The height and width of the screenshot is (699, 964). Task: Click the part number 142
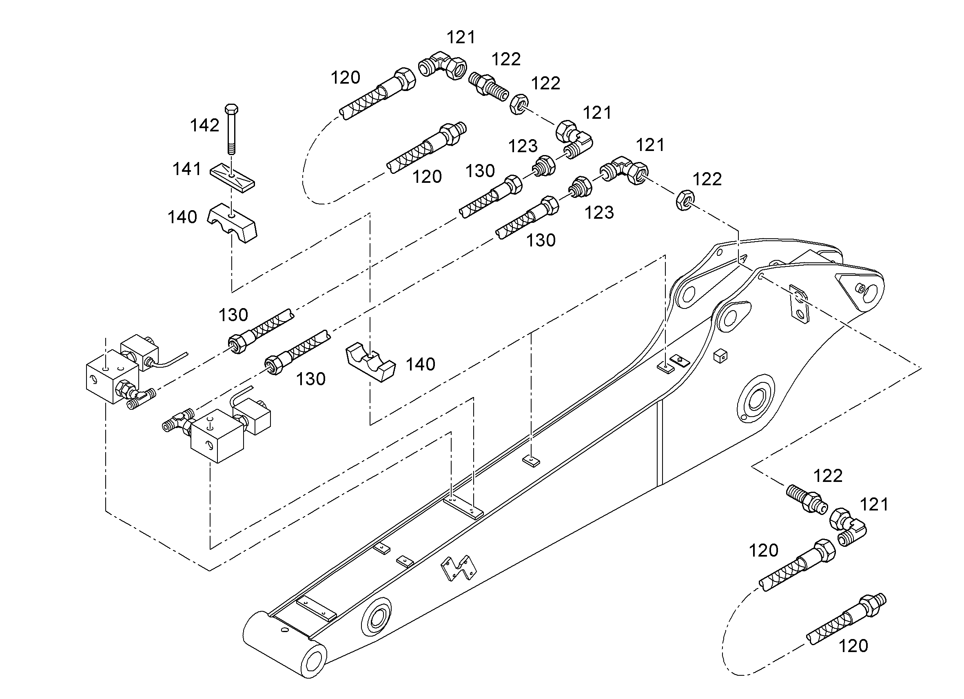[204, 125]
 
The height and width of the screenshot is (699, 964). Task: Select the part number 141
[186, 169]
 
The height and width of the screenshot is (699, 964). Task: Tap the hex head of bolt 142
[231, 108]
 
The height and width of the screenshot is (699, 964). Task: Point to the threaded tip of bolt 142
[232, 149]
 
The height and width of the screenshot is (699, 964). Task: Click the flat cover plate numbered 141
[233, 178]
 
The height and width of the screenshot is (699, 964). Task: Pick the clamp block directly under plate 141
[232, 223]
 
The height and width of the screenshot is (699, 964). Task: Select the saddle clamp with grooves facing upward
[370, 362]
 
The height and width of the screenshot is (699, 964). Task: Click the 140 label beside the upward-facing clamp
[420, 364]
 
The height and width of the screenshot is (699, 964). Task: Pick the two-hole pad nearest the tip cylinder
[316, 609]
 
